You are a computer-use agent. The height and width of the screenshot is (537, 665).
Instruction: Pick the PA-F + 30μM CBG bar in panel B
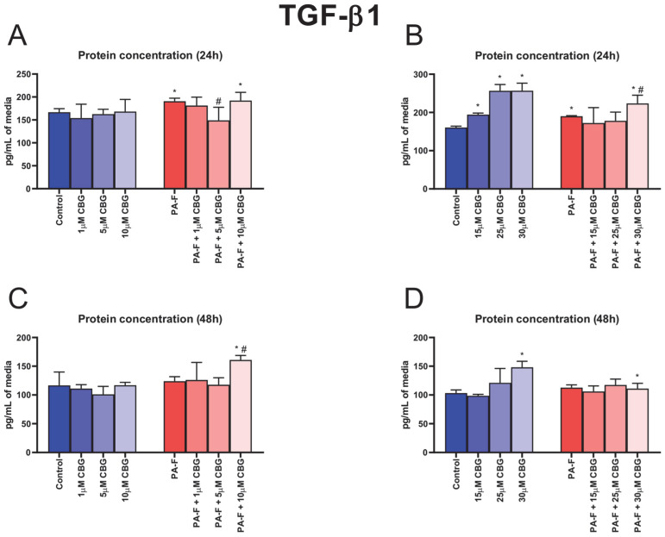[x=637, y=147]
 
